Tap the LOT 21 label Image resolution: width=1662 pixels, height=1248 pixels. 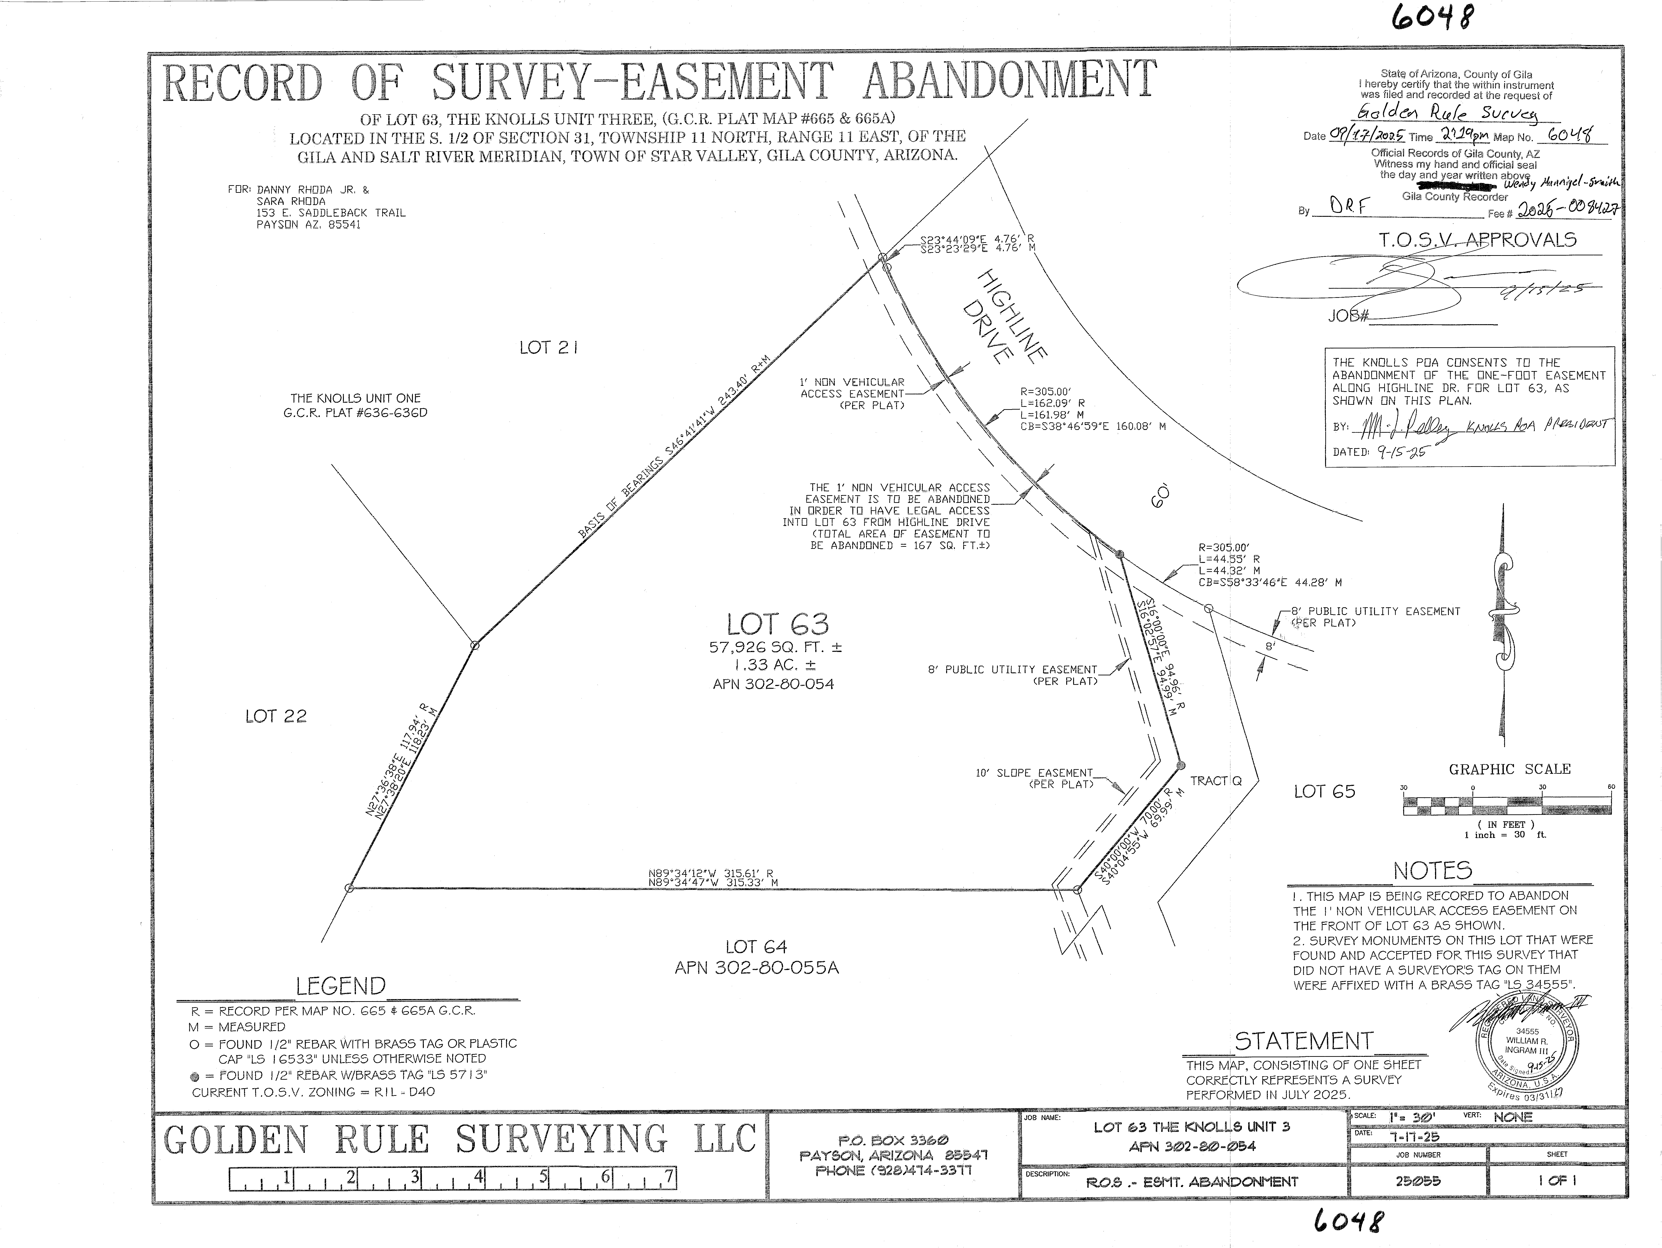pyautogui.click(x=548, y=347)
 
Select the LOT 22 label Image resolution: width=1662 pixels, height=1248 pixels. pyautogui.click(x=276, y=716)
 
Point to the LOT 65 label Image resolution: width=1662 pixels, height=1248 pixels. pyautogui.click(x=1324, y=791)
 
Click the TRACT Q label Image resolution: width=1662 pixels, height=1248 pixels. pyautogui.click(x=1216, y=781)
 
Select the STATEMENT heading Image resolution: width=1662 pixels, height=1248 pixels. pyautogui.click(x=1304, y=1041)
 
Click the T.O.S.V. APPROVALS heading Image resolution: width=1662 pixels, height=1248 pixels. pyautogui.click(x=1477, y=240)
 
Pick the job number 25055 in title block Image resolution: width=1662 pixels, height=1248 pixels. pyautogui.click(x=1418, y=1180)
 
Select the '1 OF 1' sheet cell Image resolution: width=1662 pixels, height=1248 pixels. pyautogui.click(x=1557, y=1180)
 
